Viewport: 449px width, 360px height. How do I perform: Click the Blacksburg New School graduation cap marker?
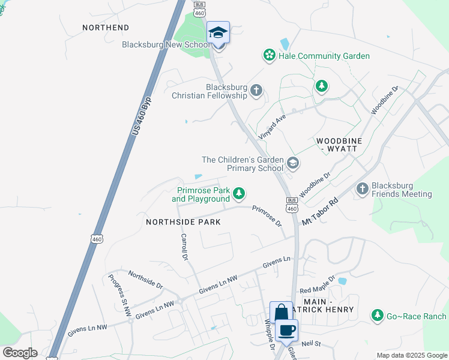click(218, 33)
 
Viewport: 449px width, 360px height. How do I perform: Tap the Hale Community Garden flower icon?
click(269, 56)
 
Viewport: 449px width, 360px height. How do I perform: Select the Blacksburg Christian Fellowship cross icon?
click(256, 91)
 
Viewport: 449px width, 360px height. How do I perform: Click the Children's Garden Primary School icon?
click(293, 163)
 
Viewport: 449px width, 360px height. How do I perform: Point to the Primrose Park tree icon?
click(239, 193)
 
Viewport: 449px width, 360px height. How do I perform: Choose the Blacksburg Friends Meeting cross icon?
click(362, 189)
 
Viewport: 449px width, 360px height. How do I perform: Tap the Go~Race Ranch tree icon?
click(377, 315)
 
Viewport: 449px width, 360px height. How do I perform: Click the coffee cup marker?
click(287, 330)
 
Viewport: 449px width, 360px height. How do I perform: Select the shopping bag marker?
click(281, 313)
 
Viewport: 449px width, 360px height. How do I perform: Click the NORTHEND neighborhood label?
click(105, 28)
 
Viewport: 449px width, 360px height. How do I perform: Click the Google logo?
click(20, 353)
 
